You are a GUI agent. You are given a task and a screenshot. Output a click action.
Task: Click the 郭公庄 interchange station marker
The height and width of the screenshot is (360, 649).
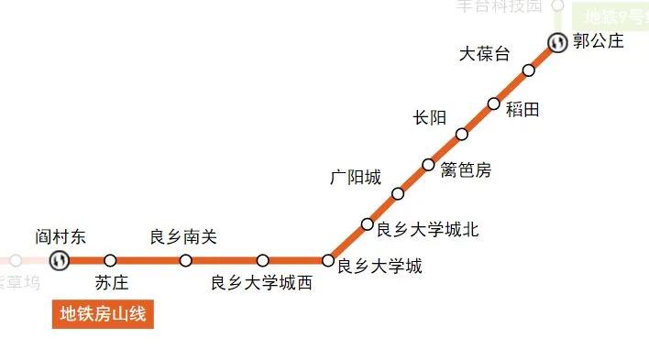(x=558, y=42)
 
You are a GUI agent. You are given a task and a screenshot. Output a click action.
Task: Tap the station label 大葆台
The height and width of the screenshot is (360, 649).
(x=483, y=54)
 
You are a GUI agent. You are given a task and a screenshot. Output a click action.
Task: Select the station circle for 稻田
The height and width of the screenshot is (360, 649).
(x=494, y=104)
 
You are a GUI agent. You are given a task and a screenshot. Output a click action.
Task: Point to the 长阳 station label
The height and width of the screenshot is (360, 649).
(x=429, y=117)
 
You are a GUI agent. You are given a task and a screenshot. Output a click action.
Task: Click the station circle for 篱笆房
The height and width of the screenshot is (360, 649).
(x=428, y=165)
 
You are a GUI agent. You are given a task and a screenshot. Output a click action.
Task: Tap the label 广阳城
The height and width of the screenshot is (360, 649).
(x=356, y=178)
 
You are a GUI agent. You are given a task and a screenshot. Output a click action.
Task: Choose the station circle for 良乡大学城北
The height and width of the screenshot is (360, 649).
(x=367, y=224)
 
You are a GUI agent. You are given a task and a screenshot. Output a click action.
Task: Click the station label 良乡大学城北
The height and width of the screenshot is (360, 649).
(x=428, y=229)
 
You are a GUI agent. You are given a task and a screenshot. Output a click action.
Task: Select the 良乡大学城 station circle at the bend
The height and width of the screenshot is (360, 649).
(x=328, y=260)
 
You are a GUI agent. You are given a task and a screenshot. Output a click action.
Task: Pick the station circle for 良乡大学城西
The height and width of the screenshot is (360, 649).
(x=263, y=260)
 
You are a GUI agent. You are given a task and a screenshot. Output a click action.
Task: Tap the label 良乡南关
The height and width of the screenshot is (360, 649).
(x=183, y=237)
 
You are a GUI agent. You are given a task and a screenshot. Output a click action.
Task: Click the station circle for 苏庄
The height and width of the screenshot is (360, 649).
(x=111, y=260)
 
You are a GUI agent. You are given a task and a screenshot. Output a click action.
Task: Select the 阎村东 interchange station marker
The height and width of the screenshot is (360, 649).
(x=60, y=260)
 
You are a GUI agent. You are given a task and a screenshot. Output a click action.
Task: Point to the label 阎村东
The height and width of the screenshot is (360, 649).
(x=60, y=237)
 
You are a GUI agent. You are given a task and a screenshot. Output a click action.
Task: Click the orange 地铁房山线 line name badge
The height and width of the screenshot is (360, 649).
(x=103, y=314)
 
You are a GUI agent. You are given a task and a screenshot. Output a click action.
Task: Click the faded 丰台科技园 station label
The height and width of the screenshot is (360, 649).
(x=500, y=6)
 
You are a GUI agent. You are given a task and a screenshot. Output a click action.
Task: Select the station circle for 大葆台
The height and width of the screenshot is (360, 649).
(x=529, y=71)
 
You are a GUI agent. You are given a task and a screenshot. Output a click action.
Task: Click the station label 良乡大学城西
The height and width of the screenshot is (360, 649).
(x=261, y=283)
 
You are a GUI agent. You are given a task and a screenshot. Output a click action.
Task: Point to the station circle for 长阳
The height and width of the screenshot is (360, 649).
(x=462, y=135)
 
